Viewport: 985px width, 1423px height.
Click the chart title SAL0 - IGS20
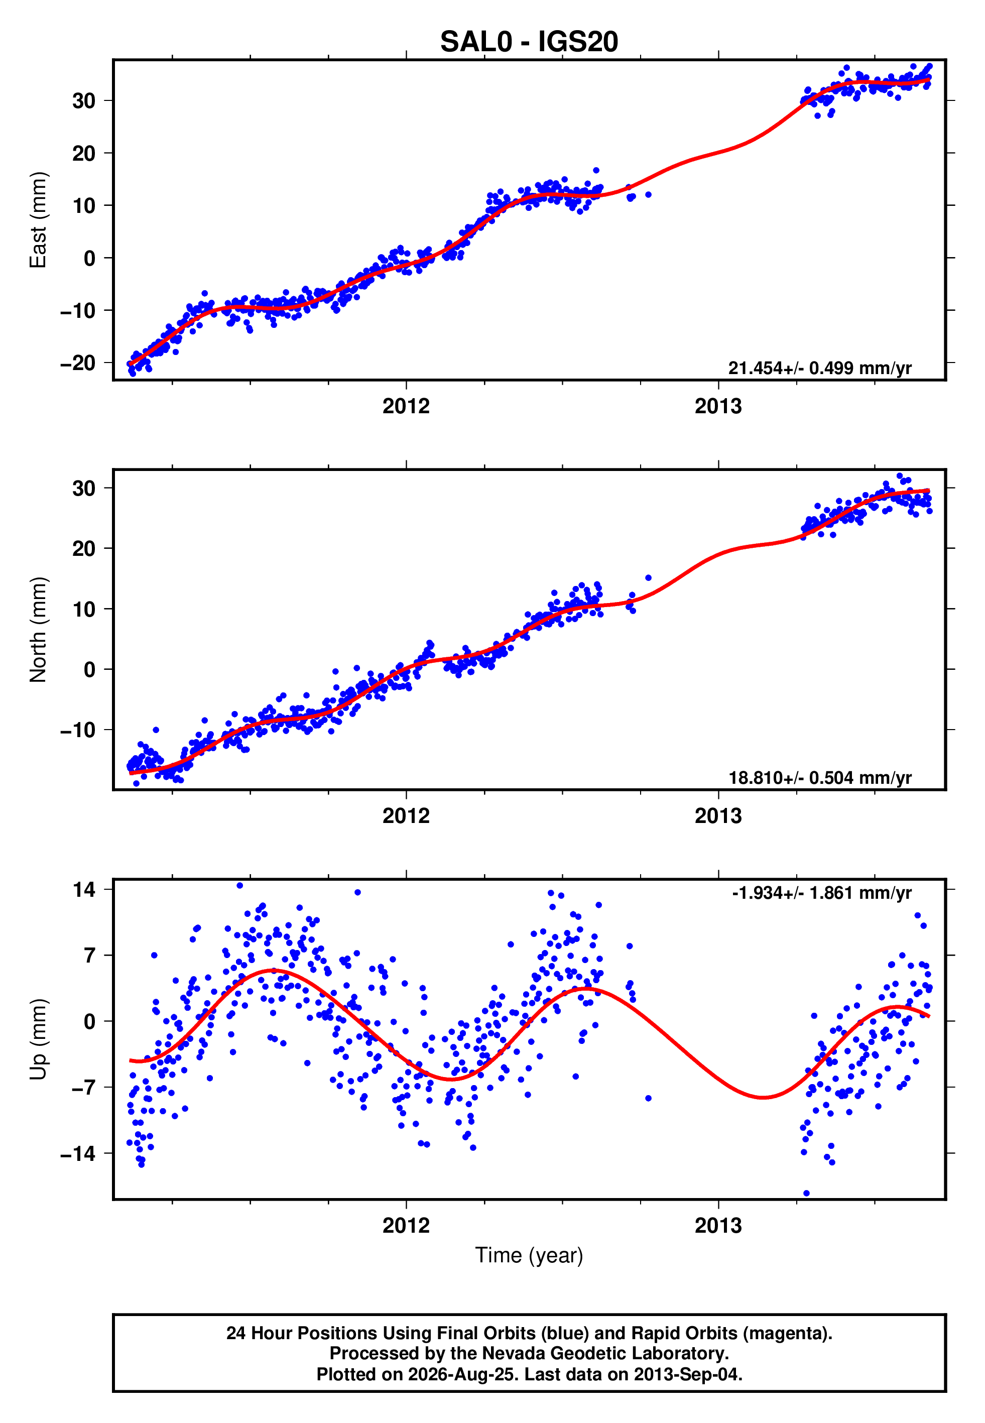(529, 42)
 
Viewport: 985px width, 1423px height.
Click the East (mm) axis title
(38, 220)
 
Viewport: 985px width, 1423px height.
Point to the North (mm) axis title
(38, 630)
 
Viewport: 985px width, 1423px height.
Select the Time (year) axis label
(529, 1256)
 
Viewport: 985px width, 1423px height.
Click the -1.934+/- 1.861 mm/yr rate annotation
(821, 893)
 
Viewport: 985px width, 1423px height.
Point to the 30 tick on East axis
(84, 100)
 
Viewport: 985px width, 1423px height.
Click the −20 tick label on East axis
(78, 363)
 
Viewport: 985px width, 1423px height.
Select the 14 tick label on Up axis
(84, 889)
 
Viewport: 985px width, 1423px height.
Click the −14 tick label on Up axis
(78, 1153)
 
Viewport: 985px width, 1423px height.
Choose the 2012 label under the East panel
(406, 406)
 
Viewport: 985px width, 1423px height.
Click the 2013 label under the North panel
(718, 816)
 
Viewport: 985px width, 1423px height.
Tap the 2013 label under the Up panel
(718, 1226)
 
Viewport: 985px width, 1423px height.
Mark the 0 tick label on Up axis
(90, 1021)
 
